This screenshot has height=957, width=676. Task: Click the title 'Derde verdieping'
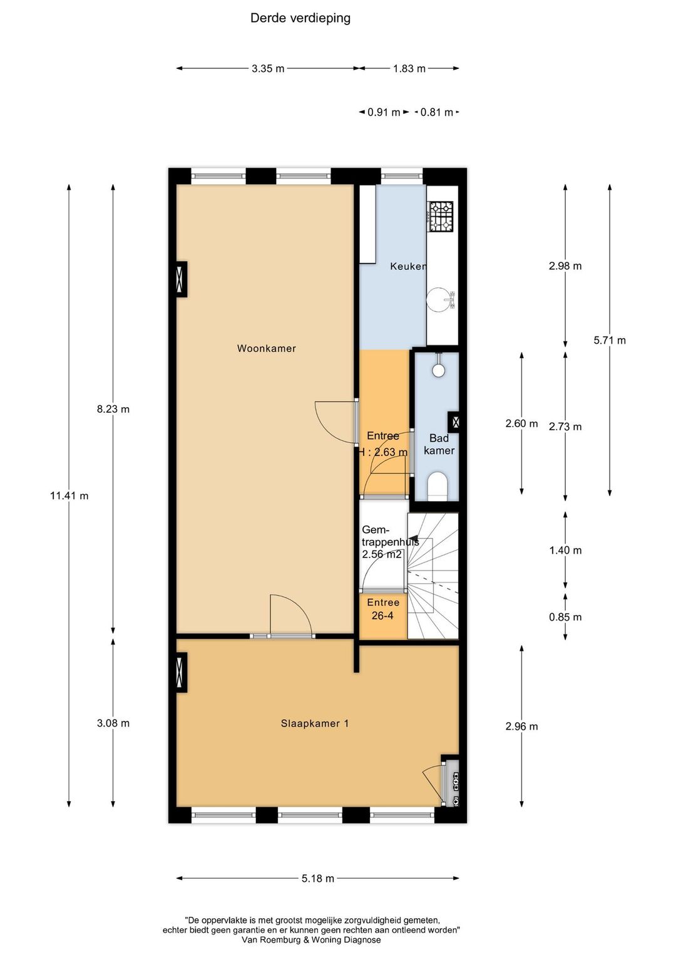300,18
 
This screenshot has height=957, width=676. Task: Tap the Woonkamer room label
267,349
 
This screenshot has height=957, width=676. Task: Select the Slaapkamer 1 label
315,723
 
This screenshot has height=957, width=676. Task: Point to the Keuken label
408,267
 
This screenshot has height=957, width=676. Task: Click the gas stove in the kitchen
441,216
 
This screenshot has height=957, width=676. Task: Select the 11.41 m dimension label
69,495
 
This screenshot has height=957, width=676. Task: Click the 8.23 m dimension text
113,409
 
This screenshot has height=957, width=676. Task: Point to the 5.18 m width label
318,878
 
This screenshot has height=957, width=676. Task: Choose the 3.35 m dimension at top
268,68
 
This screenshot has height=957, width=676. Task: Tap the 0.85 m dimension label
565,617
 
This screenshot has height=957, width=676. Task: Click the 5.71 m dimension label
610,340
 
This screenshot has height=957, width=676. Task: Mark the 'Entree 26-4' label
383,609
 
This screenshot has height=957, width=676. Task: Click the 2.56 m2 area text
382,554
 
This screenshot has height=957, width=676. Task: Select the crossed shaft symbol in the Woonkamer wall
181,279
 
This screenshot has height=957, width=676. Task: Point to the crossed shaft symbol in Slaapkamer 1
181,672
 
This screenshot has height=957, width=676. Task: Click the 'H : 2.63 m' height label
382,452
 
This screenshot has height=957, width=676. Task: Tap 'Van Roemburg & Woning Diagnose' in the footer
311,940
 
